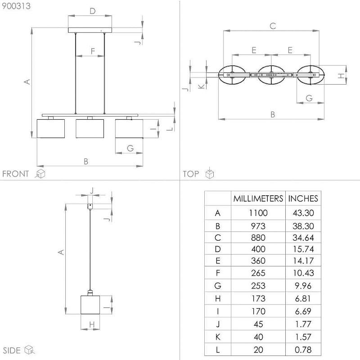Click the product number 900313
coord(16,6)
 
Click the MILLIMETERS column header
coord(258,198)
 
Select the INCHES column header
coord(303,198)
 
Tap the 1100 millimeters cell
coord(258,213)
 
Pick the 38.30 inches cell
coord(303,226)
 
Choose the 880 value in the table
coord(258,238)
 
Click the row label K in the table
coord(218,337)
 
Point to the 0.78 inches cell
coord(303,350)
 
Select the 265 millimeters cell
coord(258,273)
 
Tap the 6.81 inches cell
coord(303,298)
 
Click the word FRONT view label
coord(16,174)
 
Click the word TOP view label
coord(191,174)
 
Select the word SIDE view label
coord(12,351)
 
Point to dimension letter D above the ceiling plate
coord(93,11)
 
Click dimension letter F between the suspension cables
coord(93,51)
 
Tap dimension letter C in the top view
coord(273,26)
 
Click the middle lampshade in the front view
coord(90,129)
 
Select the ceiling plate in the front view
coord(90,30)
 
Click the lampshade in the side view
coord(90,305)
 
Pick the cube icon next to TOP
coord(209,173)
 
